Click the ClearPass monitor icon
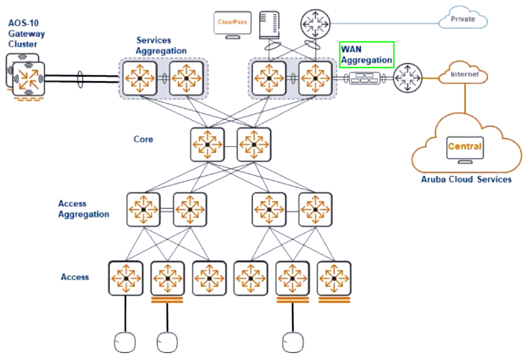click(232, 24)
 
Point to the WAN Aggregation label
click(367, 55)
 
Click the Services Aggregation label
click(161, 45)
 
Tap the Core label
click(143, 139)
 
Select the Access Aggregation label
click(84, 209)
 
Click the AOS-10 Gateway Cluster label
click(26, 34)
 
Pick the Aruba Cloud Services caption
click(466, 179)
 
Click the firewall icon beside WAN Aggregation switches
click(365, 78)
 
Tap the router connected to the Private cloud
click(315, 24)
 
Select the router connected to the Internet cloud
click(407, 78)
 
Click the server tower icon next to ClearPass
click(269, 25)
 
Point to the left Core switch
click(207, 144)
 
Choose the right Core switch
click(254, 144)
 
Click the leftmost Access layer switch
click(126, 278)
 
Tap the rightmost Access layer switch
click(334, 278)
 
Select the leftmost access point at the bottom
click(125, 342)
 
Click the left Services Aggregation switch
click(140, 78)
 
